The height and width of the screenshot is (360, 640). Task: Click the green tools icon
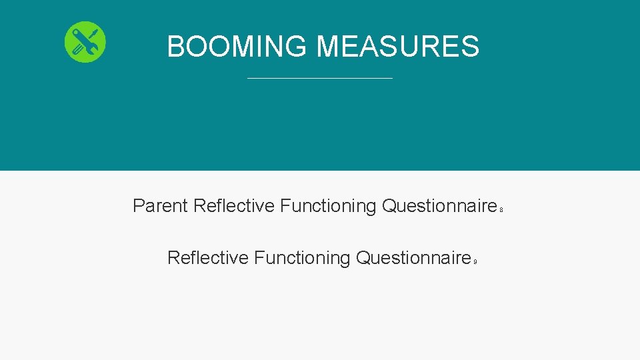(85, 42)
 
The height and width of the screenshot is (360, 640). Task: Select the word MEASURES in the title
(397, 47)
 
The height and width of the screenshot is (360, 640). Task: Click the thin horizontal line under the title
(320, 79)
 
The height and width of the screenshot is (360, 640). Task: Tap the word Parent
(160, 206)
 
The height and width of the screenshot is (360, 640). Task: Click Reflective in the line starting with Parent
(233, 206)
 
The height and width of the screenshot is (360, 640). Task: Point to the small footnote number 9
(475, 262)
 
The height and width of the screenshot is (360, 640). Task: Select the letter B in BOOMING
(176, 47)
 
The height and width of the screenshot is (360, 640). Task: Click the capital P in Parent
(139, 206)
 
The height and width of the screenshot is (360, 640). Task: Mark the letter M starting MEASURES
(328, 47)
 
